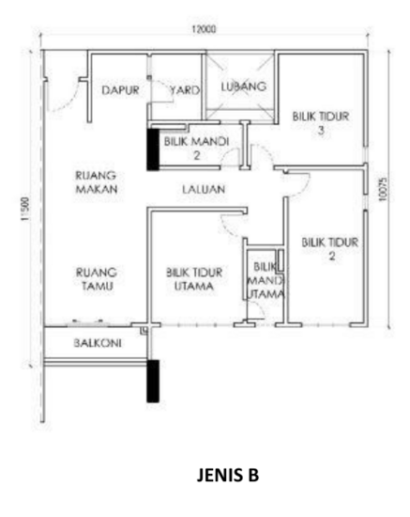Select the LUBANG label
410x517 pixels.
coord(244,86)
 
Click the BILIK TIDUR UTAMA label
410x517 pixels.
coord(193,279)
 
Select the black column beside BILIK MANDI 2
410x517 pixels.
coord(153,149)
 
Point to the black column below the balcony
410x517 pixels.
coord(153,380)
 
